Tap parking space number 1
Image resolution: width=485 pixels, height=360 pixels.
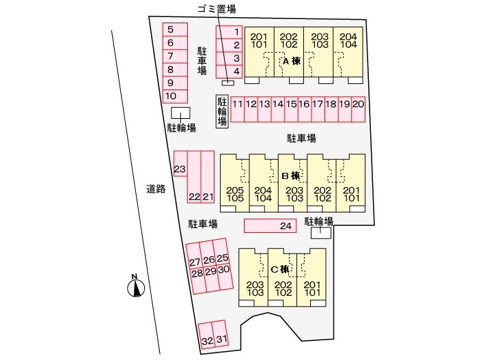(x=229, y=31)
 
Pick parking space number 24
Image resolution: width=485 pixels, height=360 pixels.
(x=271, y=225)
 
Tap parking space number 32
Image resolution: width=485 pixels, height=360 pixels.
(x=206, y=340)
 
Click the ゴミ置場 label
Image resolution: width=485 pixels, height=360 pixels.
(x=217, y=10)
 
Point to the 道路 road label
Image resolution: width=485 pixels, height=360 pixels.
(x=156, y=189)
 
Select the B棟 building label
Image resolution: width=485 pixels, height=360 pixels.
(x=291, y=176)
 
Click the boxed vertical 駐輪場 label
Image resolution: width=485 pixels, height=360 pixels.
(x=222, y=111)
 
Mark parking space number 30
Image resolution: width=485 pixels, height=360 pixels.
(x=223, y=270)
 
